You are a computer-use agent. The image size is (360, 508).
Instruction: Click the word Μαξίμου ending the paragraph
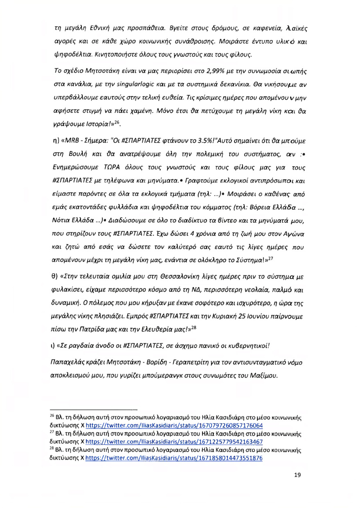coord(263,375)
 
